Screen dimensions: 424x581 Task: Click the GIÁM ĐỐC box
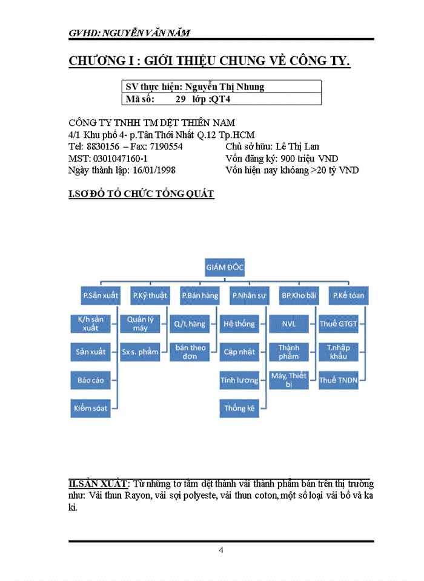[225, 268]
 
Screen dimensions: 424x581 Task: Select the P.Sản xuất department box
[101, 295]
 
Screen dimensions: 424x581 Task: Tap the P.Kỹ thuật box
[150, 295]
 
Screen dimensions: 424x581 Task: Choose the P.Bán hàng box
[199, 295]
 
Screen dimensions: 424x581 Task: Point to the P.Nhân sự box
[249, 295]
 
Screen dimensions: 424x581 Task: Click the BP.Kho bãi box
[299, 295]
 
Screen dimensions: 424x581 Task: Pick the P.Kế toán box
[348, 295]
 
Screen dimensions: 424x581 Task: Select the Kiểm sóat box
[91, 408]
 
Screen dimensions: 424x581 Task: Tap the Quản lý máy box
[140, 323]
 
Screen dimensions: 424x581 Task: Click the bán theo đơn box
[190, 352]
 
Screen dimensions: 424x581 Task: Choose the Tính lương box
[239, 380]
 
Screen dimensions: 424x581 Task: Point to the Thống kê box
[239, 408]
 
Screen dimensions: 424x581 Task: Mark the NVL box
[289, 324]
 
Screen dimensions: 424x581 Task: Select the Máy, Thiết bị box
[289, 380]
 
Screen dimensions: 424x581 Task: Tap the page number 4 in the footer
[221, 550]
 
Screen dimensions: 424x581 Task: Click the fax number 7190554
[165, 146]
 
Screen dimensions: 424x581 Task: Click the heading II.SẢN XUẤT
[98, 484]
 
